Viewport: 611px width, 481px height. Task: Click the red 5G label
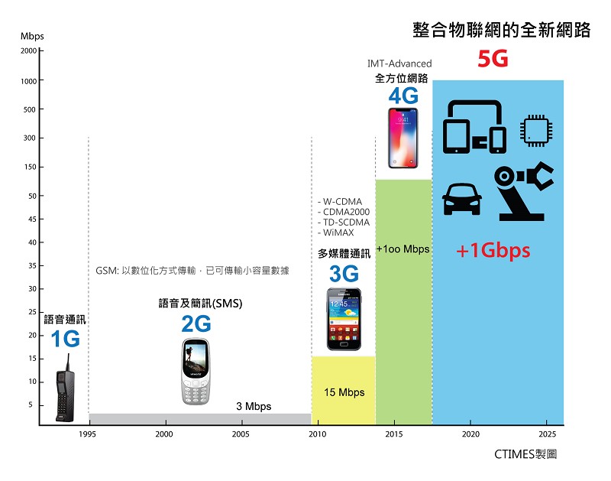coord(493,60)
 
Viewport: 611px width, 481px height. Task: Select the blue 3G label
coord(344,273)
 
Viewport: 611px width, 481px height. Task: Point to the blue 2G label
coord(196,324)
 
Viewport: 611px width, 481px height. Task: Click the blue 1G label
coord(65,339)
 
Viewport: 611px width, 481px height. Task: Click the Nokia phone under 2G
coord(196,372)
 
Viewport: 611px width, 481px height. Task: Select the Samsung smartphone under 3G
coord(344,319)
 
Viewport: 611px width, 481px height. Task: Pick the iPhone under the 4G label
coord(403,138)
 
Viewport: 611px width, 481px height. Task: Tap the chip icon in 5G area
coord(537,129)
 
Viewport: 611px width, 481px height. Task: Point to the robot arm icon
coord(524,191)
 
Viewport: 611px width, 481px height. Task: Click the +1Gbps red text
coord(493,251)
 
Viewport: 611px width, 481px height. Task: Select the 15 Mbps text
coord(344,392)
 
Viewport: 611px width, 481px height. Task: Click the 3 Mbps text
coord(253,406)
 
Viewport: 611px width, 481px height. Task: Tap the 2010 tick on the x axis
coord(317,434)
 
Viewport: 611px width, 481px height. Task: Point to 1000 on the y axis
coord(27,81)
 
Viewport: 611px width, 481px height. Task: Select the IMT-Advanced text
coord(399,63)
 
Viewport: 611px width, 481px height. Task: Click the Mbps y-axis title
coord(32,37)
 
